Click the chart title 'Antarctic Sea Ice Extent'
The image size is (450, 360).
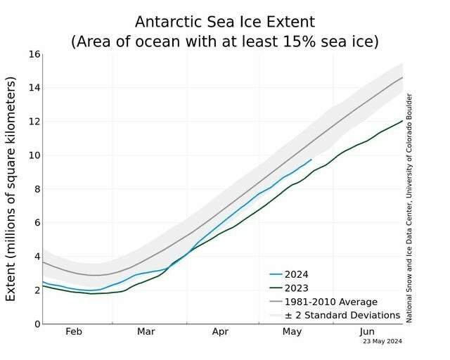point(225,22)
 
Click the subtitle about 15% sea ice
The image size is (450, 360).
point(225,41)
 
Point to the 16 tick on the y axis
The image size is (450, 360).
point(32,54)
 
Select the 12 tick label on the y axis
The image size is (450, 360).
point(32,122)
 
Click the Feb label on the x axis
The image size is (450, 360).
point(73,331)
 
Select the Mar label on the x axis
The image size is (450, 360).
point(146,331)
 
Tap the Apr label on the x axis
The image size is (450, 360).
point(220,331)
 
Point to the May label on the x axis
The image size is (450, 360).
point(292,331)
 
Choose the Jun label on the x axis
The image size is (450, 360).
point(366,331)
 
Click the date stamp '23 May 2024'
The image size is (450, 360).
point(382,342)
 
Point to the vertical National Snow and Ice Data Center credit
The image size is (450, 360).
point(409,208)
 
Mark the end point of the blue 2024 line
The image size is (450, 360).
point(311,160)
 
